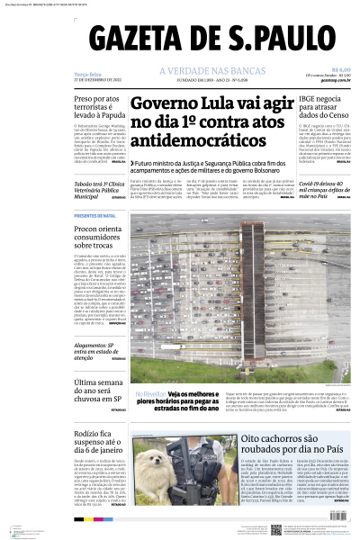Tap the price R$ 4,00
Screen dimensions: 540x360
click(340, 69)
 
